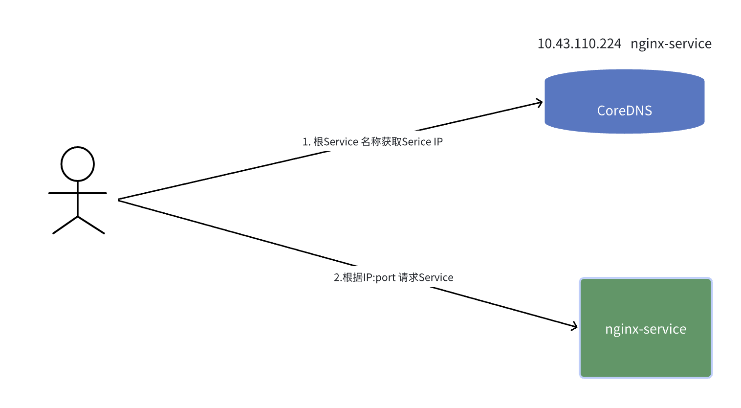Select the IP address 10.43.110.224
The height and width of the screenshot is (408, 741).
[x=579, y=44]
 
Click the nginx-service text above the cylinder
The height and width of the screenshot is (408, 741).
[x=671, y=44]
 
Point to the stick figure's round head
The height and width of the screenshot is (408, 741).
[x=77, y=164]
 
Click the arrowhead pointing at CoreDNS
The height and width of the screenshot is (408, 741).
[x=540, y=103]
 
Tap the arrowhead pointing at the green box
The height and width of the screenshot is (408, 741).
[x=575, y=326]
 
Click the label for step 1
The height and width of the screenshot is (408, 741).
[x=372, y=142]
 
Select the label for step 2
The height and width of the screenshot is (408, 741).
[x=393, y=277]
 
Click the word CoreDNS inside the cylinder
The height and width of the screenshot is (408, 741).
[x=624, y=111]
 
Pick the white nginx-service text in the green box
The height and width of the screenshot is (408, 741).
[x=645, y=329]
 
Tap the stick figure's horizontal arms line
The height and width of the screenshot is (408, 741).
[x=77, y=193]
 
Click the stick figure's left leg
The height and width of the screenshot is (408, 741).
[x=65, y=225]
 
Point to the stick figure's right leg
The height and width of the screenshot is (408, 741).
[x=91, y=225]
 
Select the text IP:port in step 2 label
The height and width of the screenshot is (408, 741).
[x=379, y=277]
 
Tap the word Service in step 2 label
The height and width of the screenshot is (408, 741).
[x=436, y=277]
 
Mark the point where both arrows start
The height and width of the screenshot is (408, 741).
[x=119, y=200]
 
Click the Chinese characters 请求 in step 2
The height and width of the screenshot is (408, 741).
[x=409, y=277]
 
